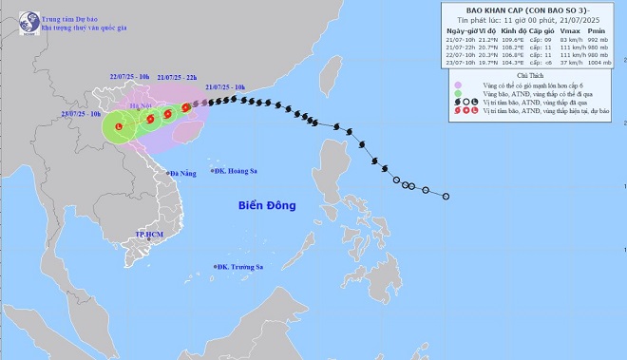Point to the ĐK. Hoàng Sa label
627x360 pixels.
point(237,172)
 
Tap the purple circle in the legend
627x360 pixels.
point(460,85)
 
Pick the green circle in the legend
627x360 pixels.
point(460,95)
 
